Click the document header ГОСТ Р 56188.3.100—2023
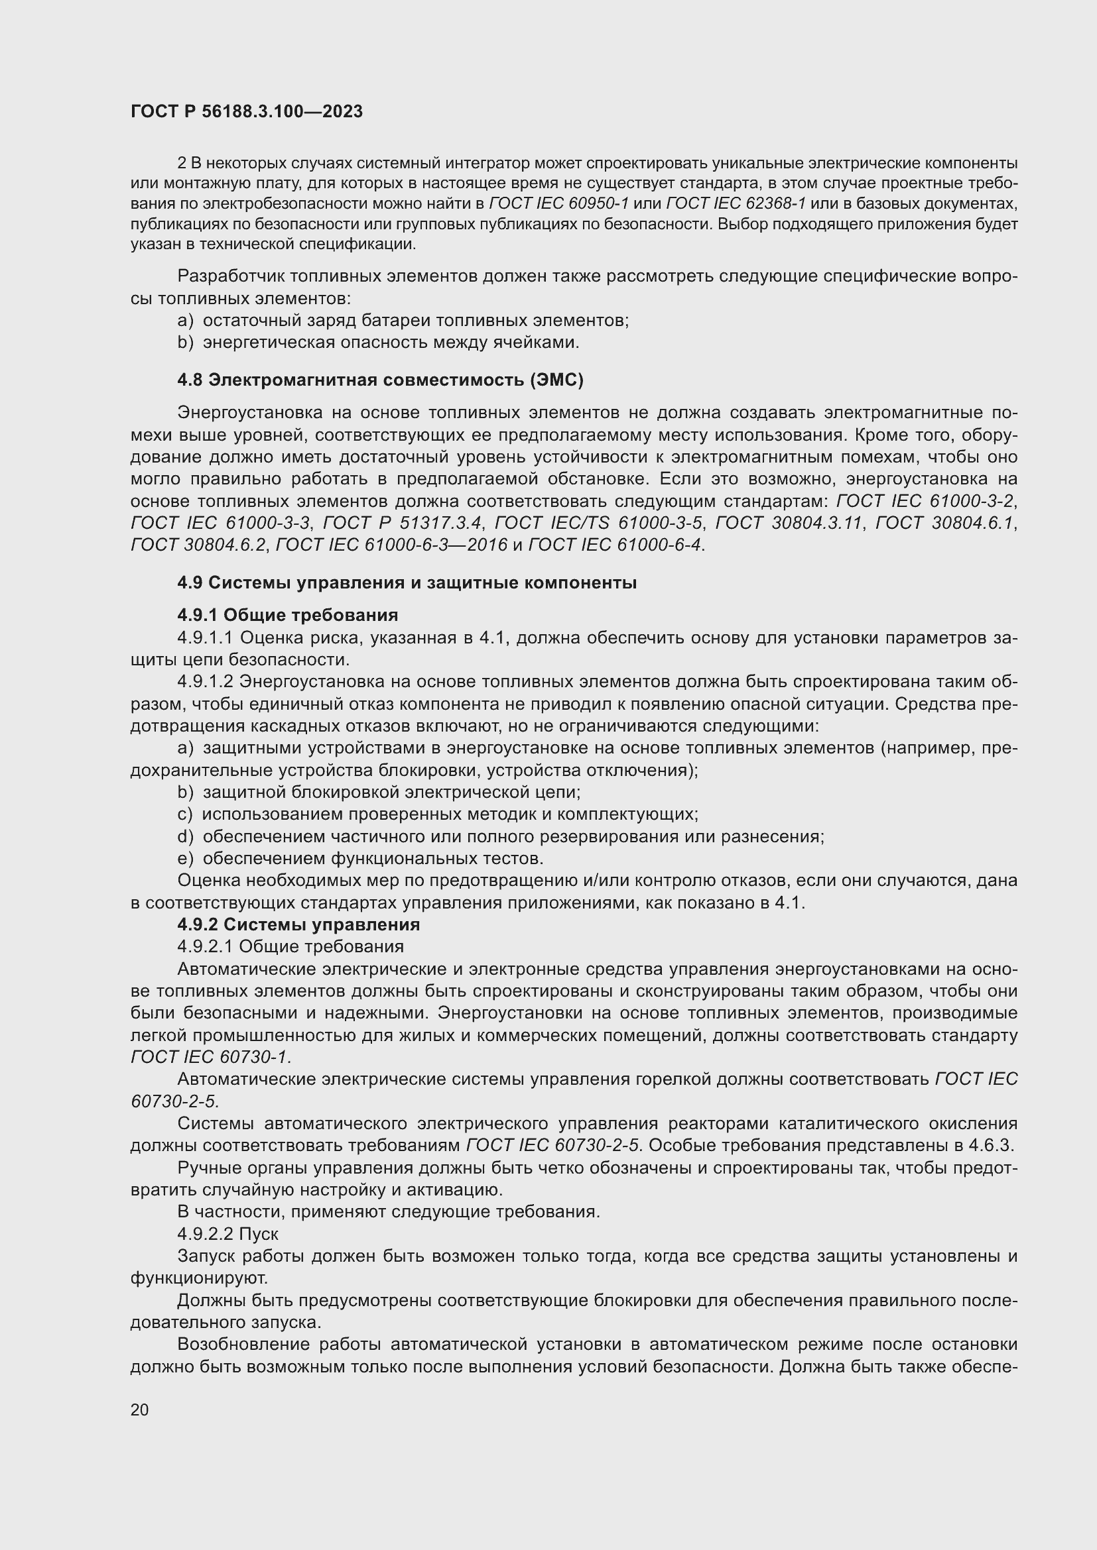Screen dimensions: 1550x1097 247,112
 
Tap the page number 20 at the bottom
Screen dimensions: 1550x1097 140,1409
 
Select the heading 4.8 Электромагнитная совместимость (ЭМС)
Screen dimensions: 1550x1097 379,380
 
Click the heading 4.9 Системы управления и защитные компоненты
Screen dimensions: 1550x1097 407,582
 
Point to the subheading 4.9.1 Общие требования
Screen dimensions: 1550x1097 287,615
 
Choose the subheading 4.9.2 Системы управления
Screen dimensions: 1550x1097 298,924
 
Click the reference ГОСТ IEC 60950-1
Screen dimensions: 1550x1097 558,204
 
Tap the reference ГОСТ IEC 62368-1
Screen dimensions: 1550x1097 736,204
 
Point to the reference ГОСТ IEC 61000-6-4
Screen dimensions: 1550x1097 615,545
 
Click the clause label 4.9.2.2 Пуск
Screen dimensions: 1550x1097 227,1234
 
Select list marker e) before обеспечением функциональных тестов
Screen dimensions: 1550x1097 185,859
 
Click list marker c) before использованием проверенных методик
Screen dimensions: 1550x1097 185,814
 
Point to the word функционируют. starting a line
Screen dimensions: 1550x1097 198,1278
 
